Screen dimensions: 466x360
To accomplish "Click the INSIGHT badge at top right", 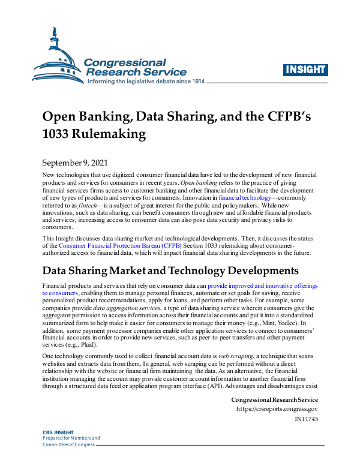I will pos(304,70).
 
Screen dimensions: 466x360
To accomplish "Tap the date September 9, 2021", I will pos(76,163).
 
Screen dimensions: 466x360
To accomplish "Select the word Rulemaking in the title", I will pos(113,134).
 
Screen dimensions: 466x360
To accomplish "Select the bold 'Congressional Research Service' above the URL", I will pos(274,399).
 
